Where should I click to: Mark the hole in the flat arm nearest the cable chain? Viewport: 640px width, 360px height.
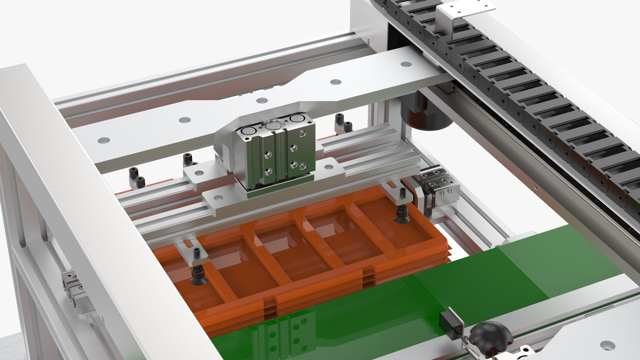[x=405, y=64]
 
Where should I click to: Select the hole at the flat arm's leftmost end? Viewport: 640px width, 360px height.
[x=104, y=141]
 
